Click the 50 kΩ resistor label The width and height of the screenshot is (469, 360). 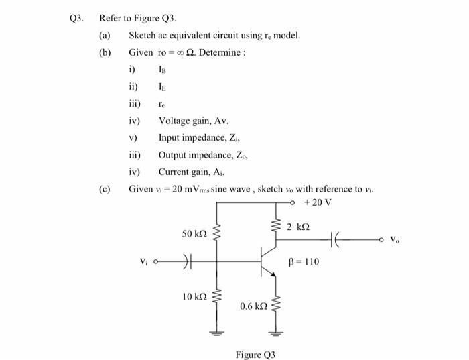(194, 234)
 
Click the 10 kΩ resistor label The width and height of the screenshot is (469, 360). (194, 296)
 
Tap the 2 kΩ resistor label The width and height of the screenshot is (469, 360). (298, 227)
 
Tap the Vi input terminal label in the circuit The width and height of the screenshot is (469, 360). (143, 262)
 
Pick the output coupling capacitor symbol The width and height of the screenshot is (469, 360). (337, 239)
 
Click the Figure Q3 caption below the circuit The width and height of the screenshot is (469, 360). (255, 354)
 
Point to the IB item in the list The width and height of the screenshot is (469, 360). (163, 69)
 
